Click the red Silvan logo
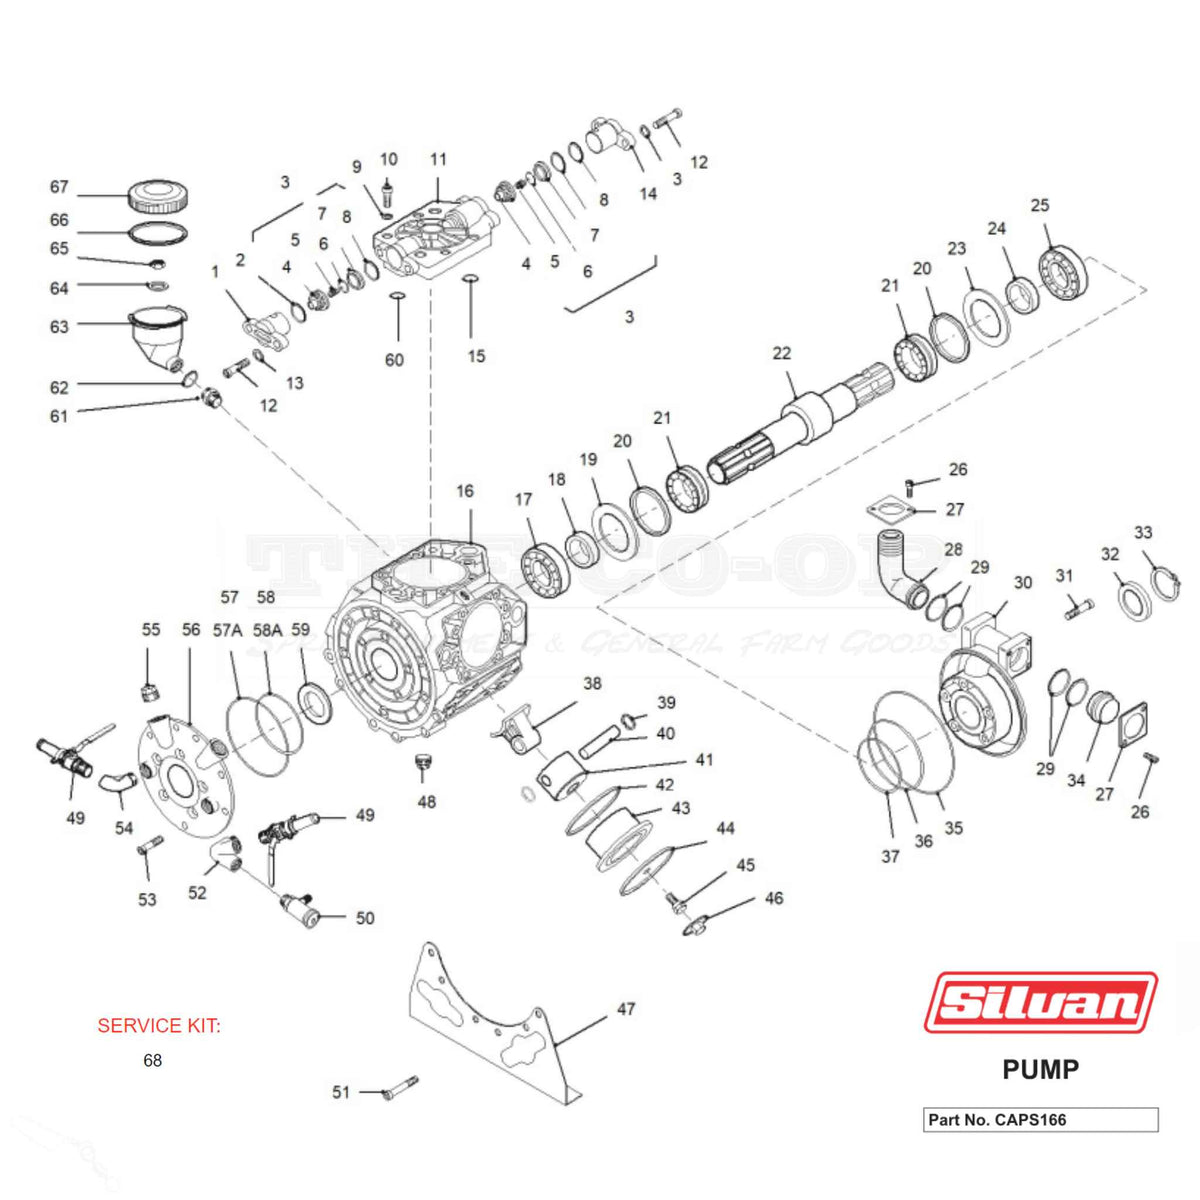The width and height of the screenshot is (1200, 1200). coord(1040,1002)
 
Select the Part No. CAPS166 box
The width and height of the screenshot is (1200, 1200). coord(1040,1119)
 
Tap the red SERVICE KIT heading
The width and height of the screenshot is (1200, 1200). coord(159,1026)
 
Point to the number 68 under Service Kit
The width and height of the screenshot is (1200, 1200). coord(152,1060)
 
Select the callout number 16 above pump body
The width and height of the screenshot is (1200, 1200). coord(465,491)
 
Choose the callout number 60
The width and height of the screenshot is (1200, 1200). coord(394,360)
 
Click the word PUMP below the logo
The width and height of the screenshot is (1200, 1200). coord(1040,1069)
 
